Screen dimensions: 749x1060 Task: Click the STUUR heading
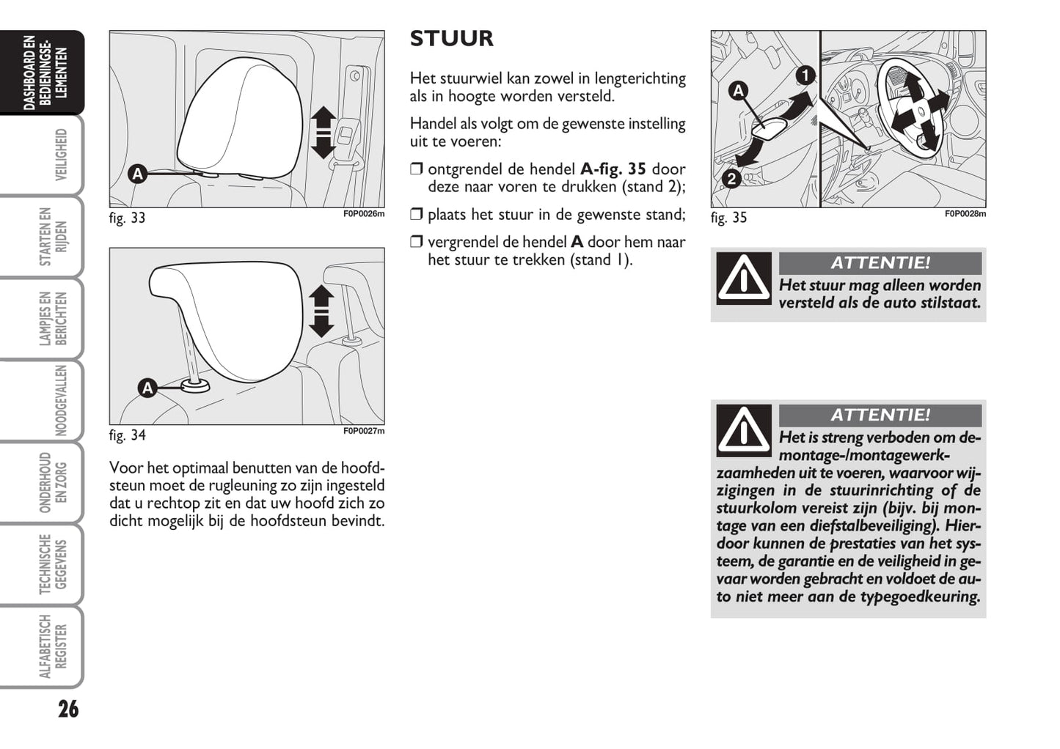click(x=451, y=39)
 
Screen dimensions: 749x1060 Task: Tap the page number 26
click(x=68, y=709)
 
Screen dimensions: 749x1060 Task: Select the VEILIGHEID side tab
click(x=61, y=155)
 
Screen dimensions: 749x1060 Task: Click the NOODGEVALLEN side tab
click(x=61, y=401)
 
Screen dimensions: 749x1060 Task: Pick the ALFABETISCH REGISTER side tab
click(x=53, y=646)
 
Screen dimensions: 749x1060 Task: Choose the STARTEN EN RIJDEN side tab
click(x=53, y=237)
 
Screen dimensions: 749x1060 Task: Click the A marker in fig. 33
click(x=137, y=174)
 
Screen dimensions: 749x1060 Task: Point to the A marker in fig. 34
click(x=148, y=388)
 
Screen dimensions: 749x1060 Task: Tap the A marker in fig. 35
click(x=738, y=91)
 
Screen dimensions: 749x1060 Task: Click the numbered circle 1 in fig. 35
click(x=805, y=75)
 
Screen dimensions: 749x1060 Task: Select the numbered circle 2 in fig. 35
click(x=731, y=178)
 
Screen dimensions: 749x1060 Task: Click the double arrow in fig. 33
click(x=323, y=133)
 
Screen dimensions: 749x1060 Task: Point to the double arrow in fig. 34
click(x=321, y=311)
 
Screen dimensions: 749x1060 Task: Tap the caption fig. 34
click(x=128, y=435)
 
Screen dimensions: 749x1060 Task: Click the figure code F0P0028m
click(x=965, y=214)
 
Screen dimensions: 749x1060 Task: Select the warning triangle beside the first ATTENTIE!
click(x=744, y=278)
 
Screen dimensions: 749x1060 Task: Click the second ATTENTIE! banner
click(x=880, y=415)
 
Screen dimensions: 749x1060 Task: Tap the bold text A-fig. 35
click(x=613, y=169)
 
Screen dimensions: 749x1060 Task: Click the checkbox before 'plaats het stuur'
click(x=417, y=215)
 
